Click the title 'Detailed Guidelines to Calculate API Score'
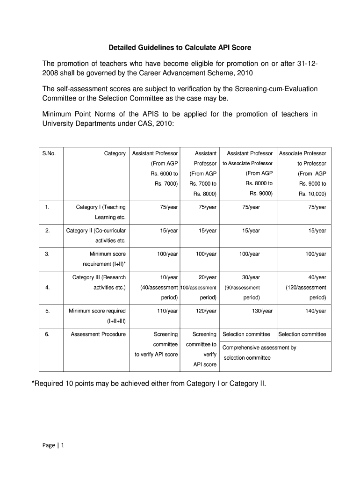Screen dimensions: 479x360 click(180, 48)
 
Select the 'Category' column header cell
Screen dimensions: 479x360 click(115, 153)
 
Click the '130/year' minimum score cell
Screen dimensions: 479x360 click(263, 311)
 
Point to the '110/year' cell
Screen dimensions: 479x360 click(168, 311)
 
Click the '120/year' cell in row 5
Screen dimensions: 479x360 click(207, 311)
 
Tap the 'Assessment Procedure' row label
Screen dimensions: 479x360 click(98, 334)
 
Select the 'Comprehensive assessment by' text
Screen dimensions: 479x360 click(259, 348)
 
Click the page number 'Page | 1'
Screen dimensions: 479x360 click(53, 445)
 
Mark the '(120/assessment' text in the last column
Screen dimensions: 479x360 click(306, 288)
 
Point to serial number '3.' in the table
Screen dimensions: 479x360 click(47, 254)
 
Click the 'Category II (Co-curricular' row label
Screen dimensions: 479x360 click(96, 231)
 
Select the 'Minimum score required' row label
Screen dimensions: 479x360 click(97, 311)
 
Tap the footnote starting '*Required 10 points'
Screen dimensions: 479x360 click(149, 384)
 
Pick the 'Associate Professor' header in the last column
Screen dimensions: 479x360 click(302, 153)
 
